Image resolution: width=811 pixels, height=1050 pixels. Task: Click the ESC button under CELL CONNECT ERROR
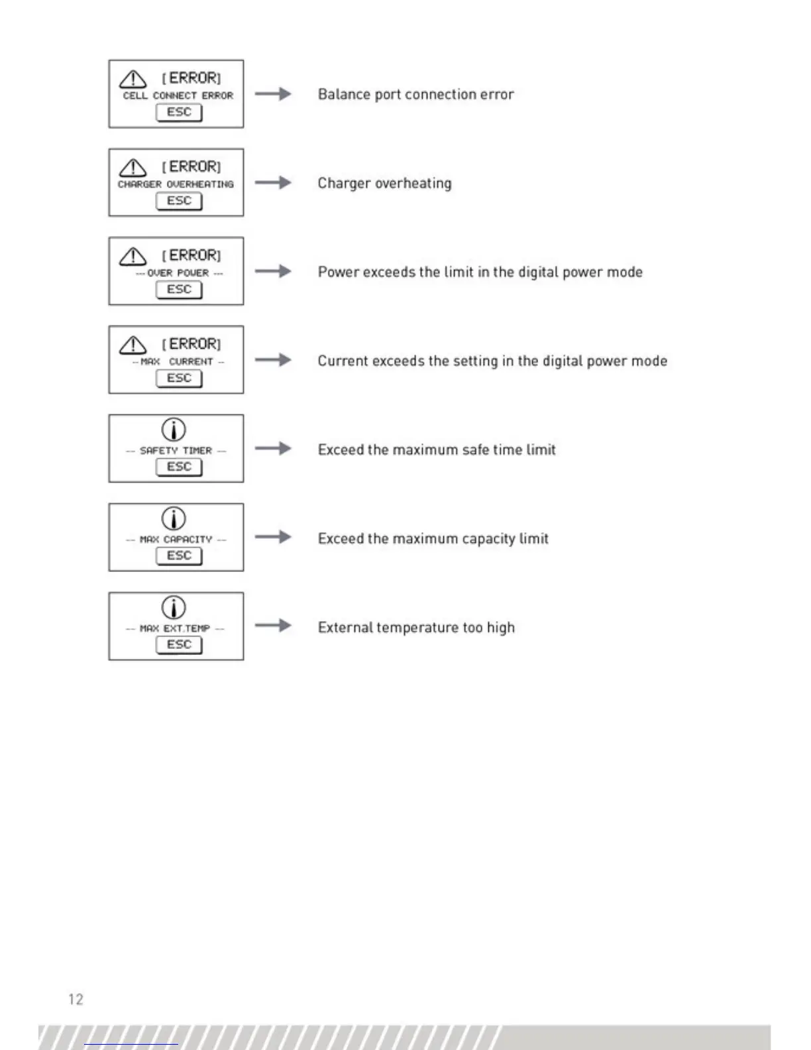pos(179,112)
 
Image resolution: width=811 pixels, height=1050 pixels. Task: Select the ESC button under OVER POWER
pos(179,290)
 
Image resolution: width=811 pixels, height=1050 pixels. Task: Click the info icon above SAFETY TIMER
pos(174,430)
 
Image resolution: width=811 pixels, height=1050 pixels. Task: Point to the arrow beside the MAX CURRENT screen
pos(273,360)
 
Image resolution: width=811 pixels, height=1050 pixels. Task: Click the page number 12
pos(76,999)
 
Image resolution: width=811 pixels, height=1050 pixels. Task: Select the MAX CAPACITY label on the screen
pos(176,540)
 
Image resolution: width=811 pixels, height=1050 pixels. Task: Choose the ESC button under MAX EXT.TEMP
pos(179,644)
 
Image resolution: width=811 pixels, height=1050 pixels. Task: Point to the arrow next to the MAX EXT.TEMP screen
pos(273,625)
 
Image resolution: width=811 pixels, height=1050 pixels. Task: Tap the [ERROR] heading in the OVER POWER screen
pos(191,255)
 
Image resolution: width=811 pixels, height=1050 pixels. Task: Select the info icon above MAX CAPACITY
pos(174,518)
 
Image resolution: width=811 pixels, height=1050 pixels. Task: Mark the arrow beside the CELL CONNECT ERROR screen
pos(273,93)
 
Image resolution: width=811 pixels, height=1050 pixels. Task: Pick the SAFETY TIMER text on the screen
pos(176,451)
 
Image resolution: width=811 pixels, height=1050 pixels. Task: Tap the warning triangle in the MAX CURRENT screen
pos(133,345)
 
